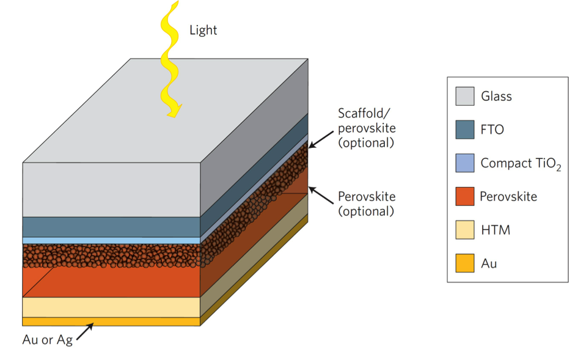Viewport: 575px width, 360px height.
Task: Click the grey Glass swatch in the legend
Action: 464,96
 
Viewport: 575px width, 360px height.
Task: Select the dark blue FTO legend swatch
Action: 464,130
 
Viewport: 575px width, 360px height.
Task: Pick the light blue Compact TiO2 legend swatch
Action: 464,163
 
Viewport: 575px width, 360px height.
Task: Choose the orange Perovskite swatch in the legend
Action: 464,196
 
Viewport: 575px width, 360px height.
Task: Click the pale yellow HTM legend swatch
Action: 464,230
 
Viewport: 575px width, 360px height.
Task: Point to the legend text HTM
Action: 495,230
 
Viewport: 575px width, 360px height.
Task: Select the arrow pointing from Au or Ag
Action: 84,331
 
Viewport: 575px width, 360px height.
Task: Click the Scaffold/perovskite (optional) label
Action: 367,128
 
